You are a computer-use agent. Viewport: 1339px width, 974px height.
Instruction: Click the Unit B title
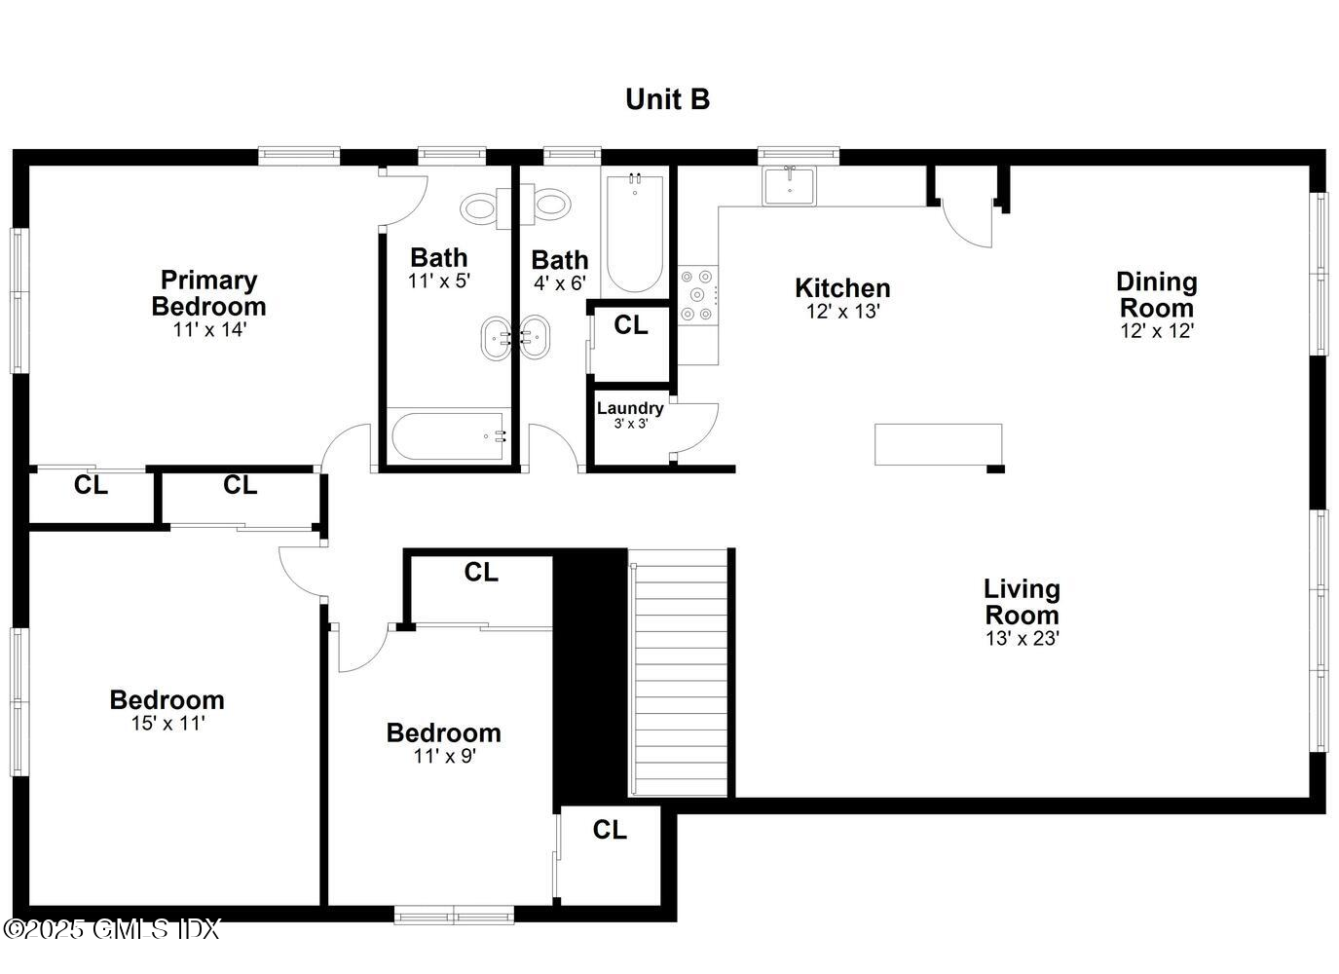click(667, 99)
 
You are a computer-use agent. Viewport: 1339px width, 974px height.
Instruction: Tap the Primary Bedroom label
click(208, 293)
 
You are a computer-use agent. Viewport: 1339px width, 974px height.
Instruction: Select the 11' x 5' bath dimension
click(438, 281)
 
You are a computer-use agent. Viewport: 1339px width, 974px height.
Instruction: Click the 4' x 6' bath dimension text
click(559, 283)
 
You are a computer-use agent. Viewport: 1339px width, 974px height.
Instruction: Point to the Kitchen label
click(842, 288)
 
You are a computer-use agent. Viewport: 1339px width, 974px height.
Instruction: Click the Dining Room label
click(1156, 294)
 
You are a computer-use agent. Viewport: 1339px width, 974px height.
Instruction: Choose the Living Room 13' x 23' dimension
click(1022, 639)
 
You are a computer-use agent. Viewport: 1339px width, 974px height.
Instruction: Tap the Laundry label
click(630, 408)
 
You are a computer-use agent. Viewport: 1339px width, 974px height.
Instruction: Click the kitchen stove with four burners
click(697, 294)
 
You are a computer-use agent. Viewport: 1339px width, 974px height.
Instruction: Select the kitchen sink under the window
click(789, 185)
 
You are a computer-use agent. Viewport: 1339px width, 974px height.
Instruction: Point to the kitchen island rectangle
click(938, 444)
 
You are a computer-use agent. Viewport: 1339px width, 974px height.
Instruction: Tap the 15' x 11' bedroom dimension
click(167, 724)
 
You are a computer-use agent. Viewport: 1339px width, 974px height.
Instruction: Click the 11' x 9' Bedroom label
click(443, 732)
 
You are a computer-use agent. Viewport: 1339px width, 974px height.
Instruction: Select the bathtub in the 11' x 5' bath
click(448, 437)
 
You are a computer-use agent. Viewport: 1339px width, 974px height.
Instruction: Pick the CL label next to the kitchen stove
click(630, 325)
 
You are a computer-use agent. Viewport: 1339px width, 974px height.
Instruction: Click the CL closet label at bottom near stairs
click(610, 830)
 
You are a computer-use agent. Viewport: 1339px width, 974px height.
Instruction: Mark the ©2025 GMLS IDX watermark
click(111, 929)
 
